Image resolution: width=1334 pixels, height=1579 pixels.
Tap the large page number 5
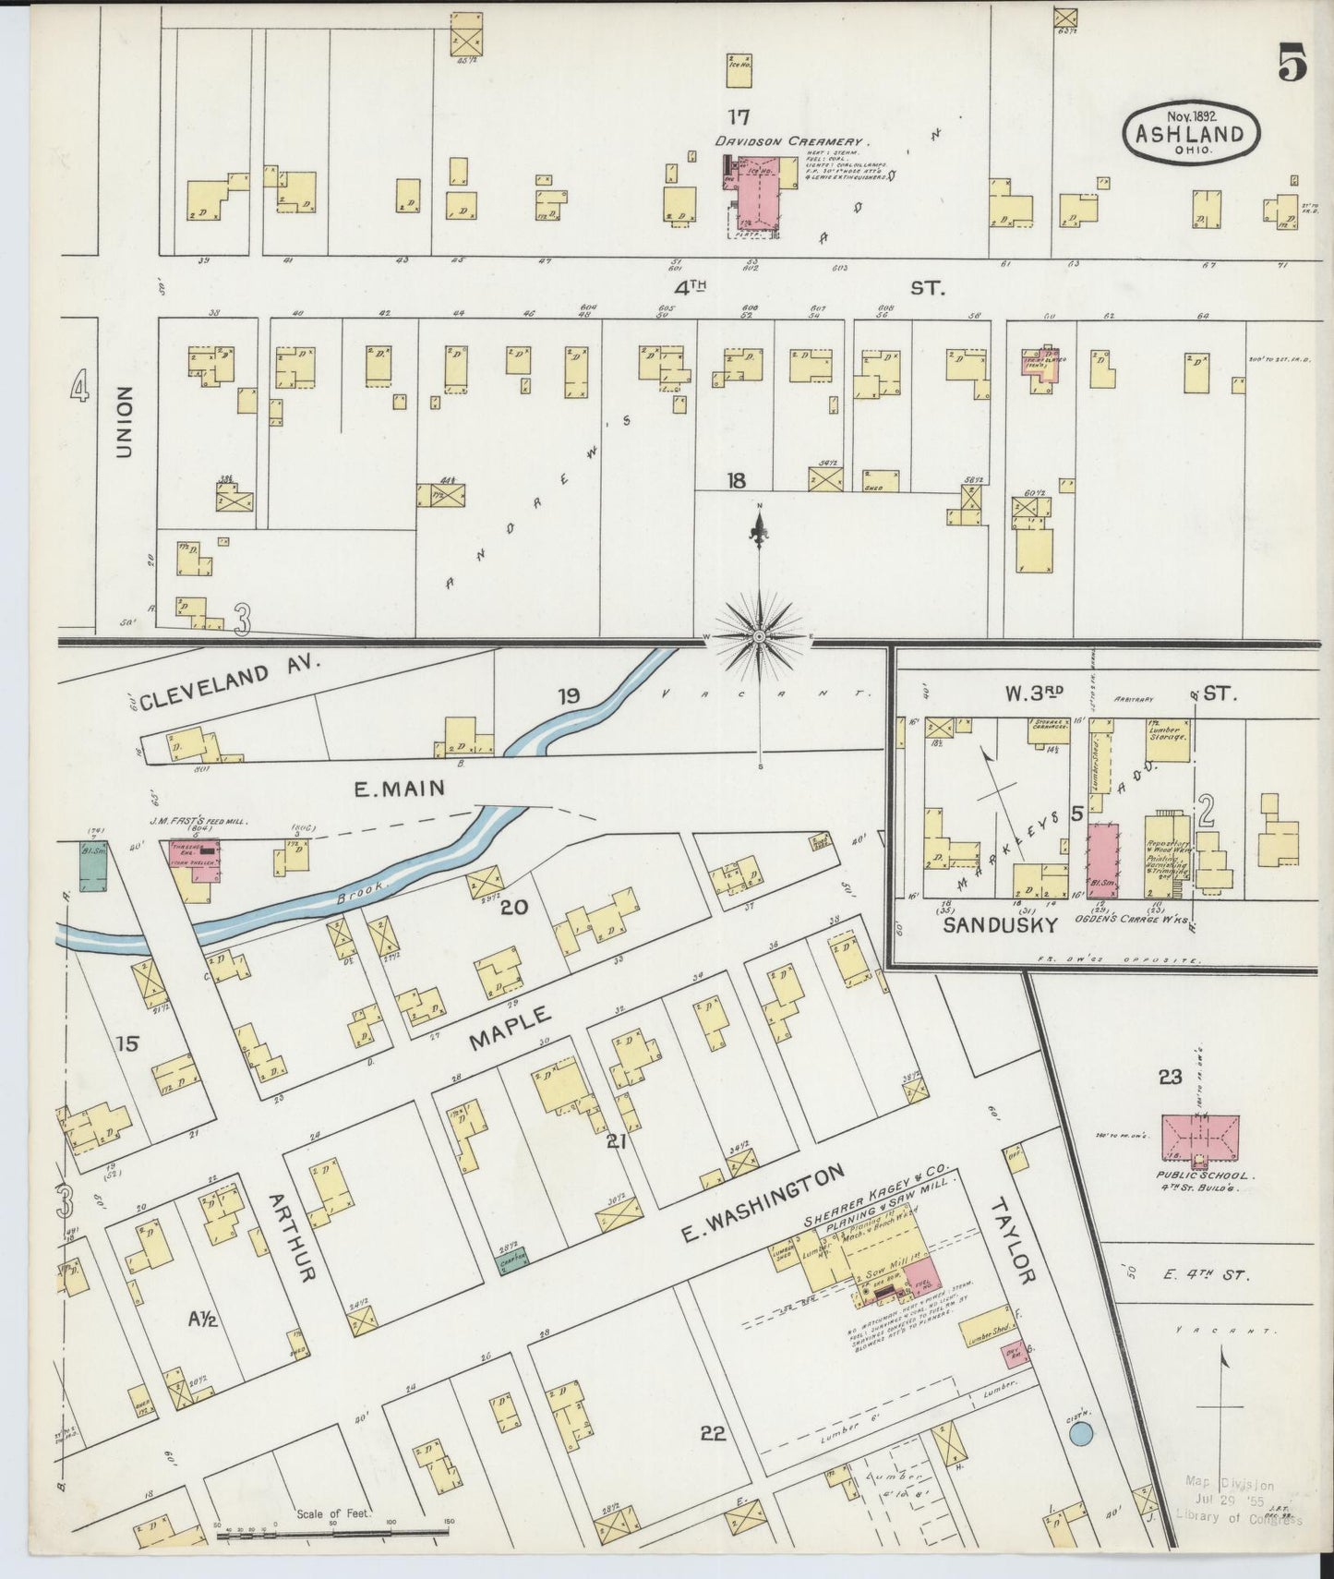tap(1292, 64)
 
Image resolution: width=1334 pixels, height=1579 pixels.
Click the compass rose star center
tap(759, 636)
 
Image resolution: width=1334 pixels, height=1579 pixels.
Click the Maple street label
tap(510, 1028)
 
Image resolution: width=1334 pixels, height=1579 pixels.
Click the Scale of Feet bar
tap(331, 1534)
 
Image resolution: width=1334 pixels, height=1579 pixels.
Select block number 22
tap(713, 1433)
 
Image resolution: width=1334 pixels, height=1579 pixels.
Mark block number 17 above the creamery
tap(737, 117)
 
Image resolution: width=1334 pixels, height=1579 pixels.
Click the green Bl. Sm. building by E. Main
tap(92, 866)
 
